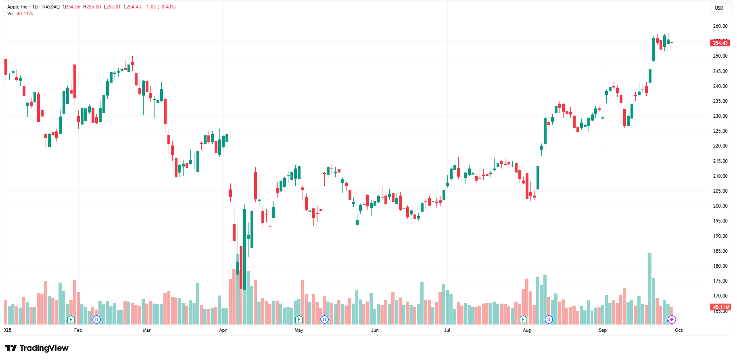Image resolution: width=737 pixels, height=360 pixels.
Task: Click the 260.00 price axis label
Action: coord(720,26)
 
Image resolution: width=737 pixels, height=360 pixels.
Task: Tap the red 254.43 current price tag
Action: coord(720,43)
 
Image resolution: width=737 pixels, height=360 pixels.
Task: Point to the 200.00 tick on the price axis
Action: coord(720,206)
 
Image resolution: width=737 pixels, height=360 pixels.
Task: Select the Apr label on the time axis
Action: coord(223,330)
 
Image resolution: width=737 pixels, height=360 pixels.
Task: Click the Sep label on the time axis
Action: coord(603,330)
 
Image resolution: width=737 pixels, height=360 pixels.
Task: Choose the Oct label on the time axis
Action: coord(679,330)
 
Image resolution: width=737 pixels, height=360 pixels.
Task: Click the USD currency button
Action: coord(719,8)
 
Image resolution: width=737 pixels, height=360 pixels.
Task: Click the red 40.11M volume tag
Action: coord(721,307)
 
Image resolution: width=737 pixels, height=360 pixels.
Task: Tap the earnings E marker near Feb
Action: coord(71,320)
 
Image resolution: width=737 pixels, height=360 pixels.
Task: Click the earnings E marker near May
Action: coord(299,320)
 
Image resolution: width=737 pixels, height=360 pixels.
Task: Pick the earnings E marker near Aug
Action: coord(523,320)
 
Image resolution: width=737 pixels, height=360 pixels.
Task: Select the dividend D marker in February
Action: coord(96,320)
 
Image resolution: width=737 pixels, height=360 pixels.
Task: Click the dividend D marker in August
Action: coord(549,320)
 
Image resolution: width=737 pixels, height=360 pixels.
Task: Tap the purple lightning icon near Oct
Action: coord(672,320)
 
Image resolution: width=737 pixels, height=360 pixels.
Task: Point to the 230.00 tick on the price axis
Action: coord(720,116)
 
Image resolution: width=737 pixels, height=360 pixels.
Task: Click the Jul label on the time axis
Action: coord(447,330)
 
